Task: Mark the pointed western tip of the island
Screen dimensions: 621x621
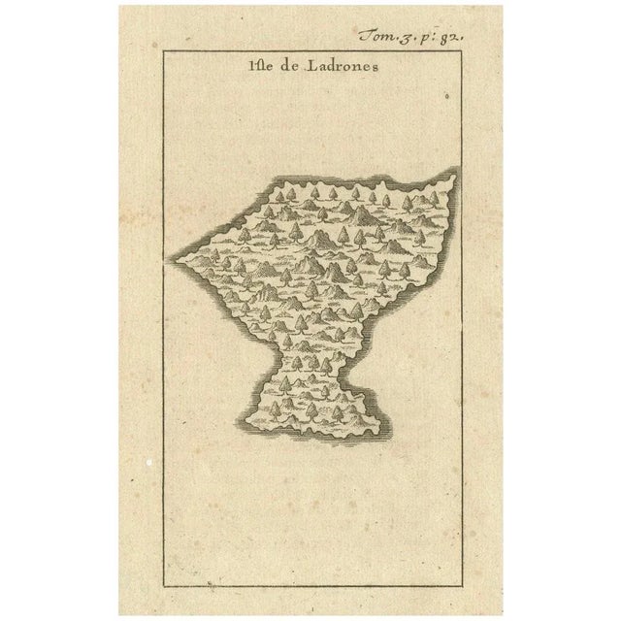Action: [x=176, y=257]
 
